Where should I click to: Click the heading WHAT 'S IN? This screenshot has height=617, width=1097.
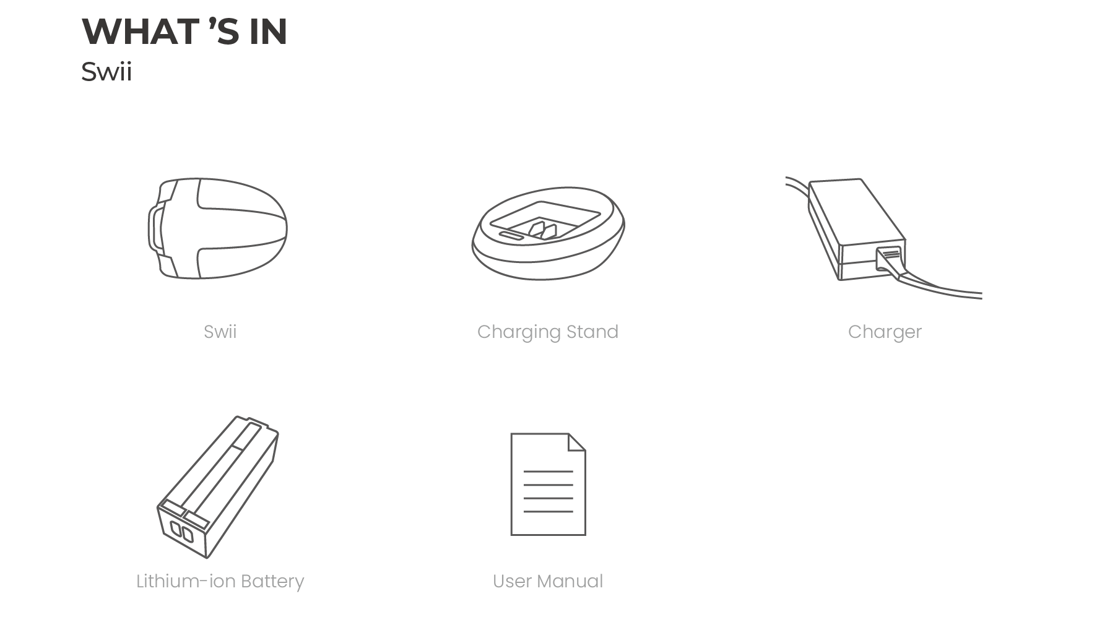(184, 32)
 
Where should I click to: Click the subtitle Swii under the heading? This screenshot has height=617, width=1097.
(106, 72)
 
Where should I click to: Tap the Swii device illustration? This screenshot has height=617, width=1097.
(217, 228)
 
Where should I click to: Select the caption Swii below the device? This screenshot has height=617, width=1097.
(220, 332)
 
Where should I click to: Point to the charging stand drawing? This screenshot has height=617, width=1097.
(548, 233)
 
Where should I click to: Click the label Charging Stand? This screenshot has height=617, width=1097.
(548, 332)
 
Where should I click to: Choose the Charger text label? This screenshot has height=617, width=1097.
(885, 332)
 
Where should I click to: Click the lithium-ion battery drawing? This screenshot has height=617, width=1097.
(217, 486)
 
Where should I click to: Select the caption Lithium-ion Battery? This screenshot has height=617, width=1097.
(220, 582)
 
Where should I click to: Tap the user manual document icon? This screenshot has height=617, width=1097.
(548, 484)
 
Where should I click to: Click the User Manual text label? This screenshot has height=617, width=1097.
(548, 581)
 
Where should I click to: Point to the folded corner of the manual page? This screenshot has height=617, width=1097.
(577, 442)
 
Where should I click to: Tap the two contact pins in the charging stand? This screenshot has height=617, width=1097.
(542, 230)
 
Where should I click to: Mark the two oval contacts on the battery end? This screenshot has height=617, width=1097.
(182, 532)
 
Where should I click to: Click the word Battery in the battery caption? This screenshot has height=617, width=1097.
(272, 582)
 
